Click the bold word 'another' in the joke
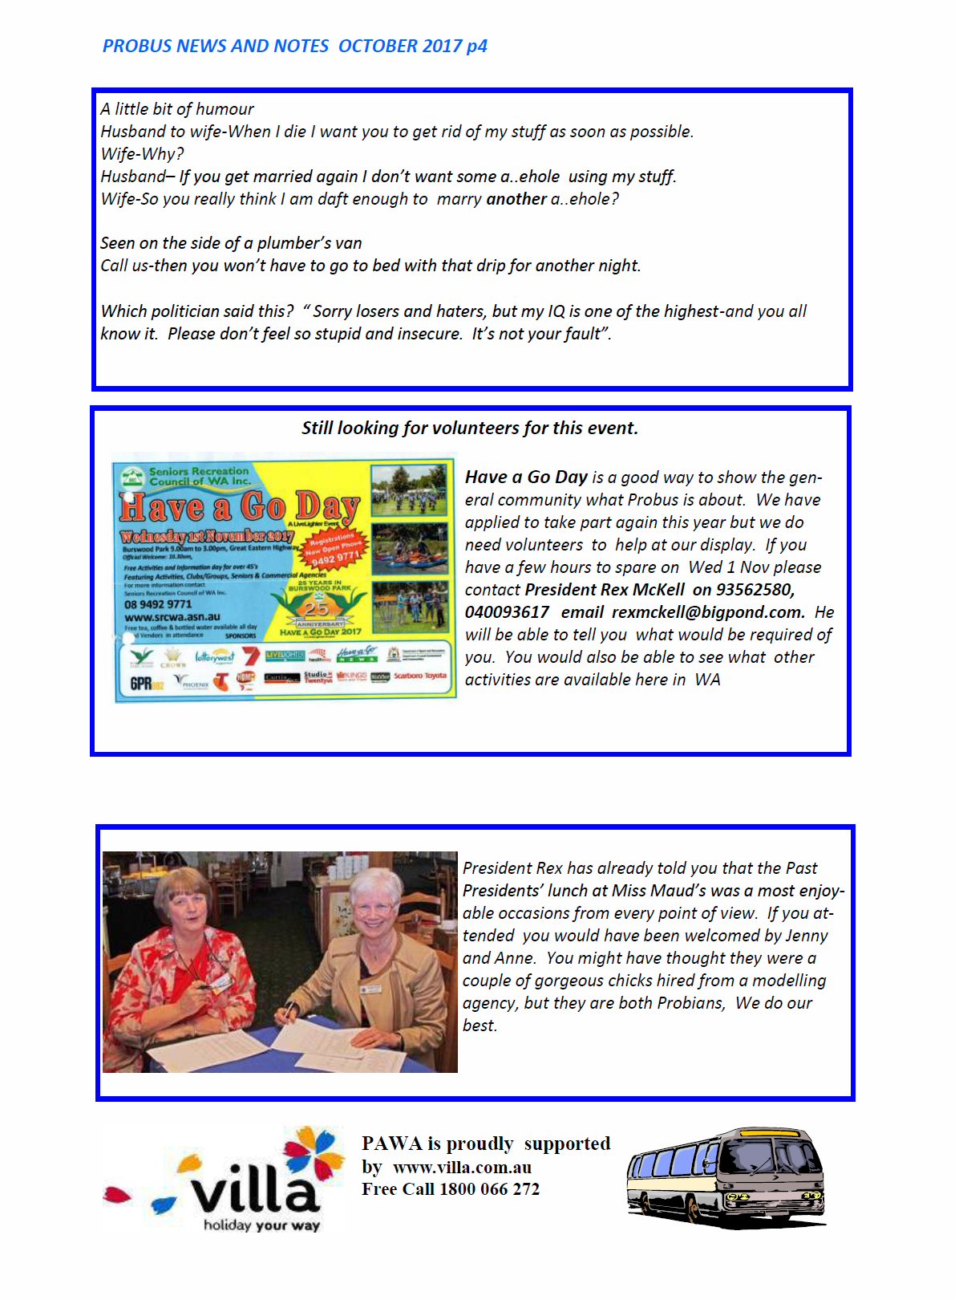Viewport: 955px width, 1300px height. [x=516, y=199]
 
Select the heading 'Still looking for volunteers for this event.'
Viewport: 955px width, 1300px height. [x=470, y=428]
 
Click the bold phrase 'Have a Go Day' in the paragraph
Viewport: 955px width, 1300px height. [x=526, y=477]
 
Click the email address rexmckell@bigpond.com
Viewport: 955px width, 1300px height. [x=708, y=612]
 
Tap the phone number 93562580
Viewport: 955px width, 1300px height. [x=755, y=590]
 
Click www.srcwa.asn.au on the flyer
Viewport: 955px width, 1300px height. [x=172, y=617]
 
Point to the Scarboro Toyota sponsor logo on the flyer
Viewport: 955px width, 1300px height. [x=419, y=676]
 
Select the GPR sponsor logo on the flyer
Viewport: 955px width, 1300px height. [x=147, y=683]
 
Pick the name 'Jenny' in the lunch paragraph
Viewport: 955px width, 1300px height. [x=806, y=936]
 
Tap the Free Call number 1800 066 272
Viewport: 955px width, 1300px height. [x=489, y=1189]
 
